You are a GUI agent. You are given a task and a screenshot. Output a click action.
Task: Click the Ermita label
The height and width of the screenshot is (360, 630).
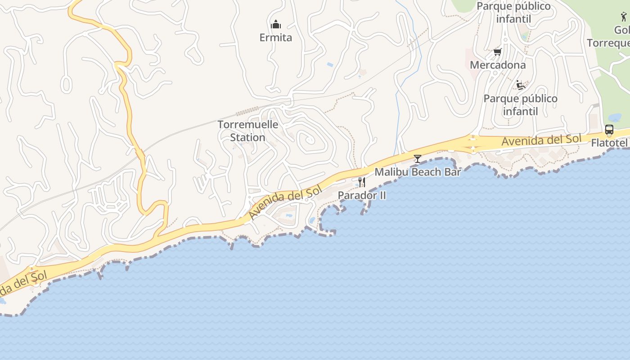pos(275,37)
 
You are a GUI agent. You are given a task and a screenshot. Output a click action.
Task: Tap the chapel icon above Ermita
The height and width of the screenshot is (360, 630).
pos(276,24)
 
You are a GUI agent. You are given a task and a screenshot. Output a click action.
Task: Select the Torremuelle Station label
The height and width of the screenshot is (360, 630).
pos(248,131)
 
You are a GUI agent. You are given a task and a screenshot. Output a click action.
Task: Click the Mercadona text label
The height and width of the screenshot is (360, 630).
pos(497,65)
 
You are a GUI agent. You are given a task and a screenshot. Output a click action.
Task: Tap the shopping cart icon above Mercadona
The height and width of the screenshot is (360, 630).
pos(497,52)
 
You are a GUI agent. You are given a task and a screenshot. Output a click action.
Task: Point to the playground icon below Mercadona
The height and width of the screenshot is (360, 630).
pos(521,85)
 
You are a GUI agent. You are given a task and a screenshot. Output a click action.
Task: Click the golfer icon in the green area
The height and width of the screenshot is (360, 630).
pos(623,17)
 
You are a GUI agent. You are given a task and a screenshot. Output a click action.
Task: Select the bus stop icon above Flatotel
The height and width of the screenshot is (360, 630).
pos(609,130)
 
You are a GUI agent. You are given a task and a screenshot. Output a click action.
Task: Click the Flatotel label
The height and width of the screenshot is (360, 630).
pos(610,143)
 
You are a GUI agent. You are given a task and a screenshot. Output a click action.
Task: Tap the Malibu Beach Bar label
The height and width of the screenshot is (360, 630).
pos(418,172)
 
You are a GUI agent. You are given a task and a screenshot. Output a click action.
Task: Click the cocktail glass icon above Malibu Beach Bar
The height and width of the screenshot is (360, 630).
pos(418,158)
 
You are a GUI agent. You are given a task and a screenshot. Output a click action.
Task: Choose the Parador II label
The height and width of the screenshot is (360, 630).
pos(362,195)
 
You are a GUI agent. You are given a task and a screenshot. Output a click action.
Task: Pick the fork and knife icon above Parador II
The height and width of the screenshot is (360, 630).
pos(361,182)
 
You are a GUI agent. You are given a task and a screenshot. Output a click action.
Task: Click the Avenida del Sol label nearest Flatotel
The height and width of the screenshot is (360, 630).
pos(541,140)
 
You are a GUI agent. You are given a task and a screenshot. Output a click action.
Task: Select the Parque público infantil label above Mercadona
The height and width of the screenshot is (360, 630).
pos(513,13)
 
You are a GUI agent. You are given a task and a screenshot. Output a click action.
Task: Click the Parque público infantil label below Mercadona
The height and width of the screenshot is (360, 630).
pos(520,105)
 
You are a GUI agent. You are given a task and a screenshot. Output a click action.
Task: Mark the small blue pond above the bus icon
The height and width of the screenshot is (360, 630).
pos(614,117)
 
